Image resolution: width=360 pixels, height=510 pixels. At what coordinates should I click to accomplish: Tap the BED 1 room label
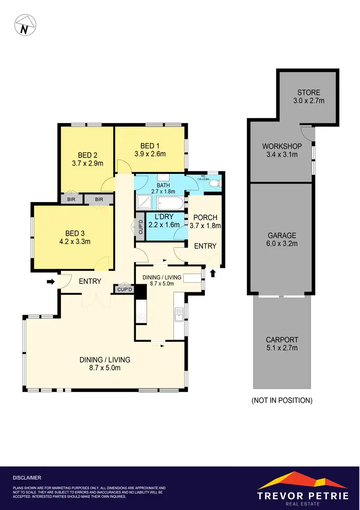tap(149, 146)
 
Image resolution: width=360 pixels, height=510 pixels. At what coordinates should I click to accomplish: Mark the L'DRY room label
tap(162, 217)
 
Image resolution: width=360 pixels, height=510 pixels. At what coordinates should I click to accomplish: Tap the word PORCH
tap(205, 218)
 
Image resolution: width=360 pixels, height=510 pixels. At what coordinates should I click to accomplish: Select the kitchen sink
tap(179, 316)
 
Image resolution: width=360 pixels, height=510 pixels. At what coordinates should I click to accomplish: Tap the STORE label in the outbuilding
tap(308, 93)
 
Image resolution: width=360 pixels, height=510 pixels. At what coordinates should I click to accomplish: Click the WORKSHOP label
tap(281, 146)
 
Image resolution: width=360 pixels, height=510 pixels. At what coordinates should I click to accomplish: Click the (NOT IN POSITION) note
tap(282, 400)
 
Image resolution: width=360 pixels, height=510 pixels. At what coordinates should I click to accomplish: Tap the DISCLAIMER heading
tap(27, 478)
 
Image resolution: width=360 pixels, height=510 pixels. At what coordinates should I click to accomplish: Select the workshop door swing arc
tap(306, 132)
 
